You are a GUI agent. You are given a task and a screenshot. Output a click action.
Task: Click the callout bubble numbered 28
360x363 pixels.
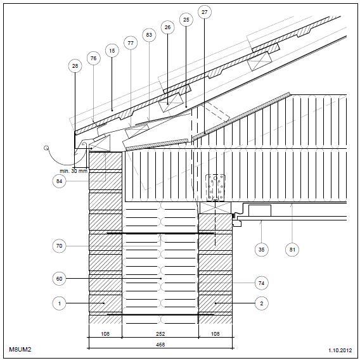(x=75, y=66)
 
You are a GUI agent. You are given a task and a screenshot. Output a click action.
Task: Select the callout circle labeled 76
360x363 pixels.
(x=93, y=58)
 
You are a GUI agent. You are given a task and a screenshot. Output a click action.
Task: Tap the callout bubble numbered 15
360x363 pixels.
(x=112, y=51)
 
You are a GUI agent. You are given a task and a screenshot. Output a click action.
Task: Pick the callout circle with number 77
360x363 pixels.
(x=131, y=43)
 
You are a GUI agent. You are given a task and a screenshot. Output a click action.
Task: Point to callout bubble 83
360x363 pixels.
(x=149, y=35)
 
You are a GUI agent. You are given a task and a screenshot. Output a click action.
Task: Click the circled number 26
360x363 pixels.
(x=167, y=27)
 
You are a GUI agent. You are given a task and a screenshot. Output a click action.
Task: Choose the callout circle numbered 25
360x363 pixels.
(x=186, y=20)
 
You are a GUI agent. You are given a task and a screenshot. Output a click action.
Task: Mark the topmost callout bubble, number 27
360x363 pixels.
(x=205, y=12)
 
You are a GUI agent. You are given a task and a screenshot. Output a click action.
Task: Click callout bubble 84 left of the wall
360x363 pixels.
(x=60, y=181)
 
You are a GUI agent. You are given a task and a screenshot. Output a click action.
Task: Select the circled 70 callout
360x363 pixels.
(x=60, y=246)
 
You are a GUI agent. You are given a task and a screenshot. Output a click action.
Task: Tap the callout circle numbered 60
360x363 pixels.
(x=60, y=279)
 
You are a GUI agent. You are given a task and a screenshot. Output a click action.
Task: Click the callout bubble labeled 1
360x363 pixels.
(x=60, y=303)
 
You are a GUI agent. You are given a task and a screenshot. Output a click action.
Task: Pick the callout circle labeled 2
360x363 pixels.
(x=262, y=303)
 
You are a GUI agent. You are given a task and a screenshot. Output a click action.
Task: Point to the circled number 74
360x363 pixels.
(x=262, y=283)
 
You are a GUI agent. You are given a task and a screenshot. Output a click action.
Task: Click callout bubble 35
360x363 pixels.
(x=262, y=250)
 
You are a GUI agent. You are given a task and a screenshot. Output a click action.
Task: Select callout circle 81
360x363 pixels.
(x=292, y=250)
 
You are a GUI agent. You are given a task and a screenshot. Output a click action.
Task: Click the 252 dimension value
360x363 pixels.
(x=160, y=334)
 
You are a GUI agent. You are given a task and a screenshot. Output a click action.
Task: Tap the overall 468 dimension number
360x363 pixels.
(x=160, y=345)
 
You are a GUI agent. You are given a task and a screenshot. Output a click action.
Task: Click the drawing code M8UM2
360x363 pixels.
(x=20, y=349)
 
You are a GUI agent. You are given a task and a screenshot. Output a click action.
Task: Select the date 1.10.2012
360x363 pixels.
(x=340, y=350)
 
